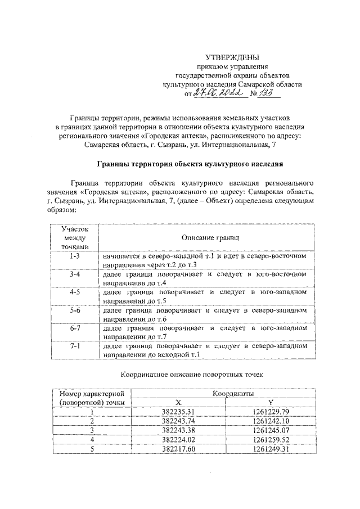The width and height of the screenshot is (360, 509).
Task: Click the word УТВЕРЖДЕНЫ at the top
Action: (232, 57)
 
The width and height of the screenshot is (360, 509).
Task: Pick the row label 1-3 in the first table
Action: (75, 256)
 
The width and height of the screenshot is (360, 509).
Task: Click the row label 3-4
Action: (75, 274)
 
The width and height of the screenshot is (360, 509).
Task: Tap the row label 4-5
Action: (75, 293)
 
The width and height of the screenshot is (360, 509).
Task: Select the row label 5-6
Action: (75, 312)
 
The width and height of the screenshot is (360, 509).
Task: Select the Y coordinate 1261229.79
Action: (270, 412)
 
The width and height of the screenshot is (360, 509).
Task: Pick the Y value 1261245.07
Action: (270, 430)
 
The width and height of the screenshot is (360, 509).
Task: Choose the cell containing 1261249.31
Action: (270, 449)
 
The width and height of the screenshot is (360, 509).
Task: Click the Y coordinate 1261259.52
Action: (270, 439)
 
